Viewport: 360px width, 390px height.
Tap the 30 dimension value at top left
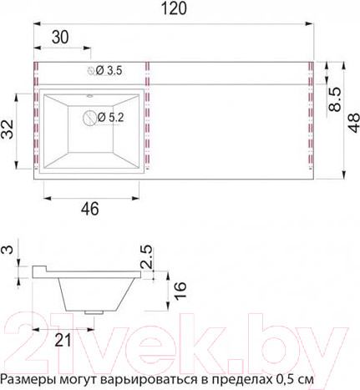[59, 38]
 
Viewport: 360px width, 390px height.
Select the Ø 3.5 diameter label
[109, 72]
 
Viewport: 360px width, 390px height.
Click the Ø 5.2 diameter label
[111, 118]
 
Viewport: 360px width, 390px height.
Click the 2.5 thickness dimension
[148, 259]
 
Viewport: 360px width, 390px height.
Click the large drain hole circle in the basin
[89, 118]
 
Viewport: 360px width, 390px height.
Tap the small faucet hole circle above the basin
[91, 72]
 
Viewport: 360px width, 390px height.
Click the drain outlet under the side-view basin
[94, 311]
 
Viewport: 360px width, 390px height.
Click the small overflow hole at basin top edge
[89, 95]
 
